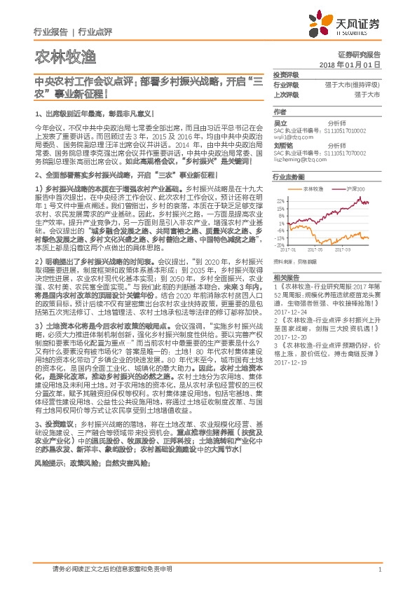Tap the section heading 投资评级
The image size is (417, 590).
pos(285,74)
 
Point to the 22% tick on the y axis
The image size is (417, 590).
pos(280,200)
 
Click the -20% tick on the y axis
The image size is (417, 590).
pos(280,245)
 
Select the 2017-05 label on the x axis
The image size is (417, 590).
pos(316,249)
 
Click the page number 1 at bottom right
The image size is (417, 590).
pos(379,570)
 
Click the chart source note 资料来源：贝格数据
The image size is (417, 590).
pos(294,260)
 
